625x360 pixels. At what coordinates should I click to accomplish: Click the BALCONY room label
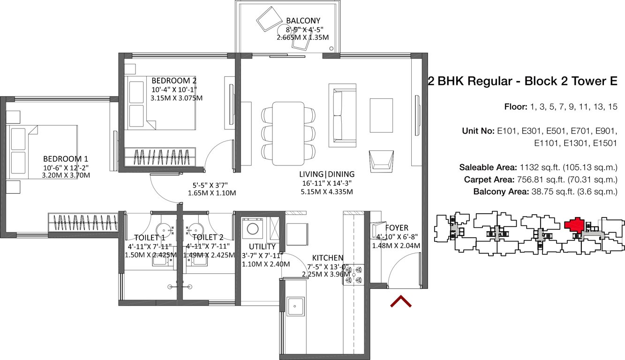(x=303, y=21)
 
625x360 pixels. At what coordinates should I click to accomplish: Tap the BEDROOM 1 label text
(x=66, y=159)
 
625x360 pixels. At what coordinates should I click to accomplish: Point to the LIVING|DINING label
(x=327, y=174)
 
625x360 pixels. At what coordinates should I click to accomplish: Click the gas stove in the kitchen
(x=354, y=275)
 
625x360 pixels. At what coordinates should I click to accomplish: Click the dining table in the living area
(x=288, y=133)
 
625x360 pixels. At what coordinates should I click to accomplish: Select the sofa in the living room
(x=342, y=114)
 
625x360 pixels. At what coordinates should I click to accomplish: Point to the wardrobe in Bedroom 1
(x=83, y=222)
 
